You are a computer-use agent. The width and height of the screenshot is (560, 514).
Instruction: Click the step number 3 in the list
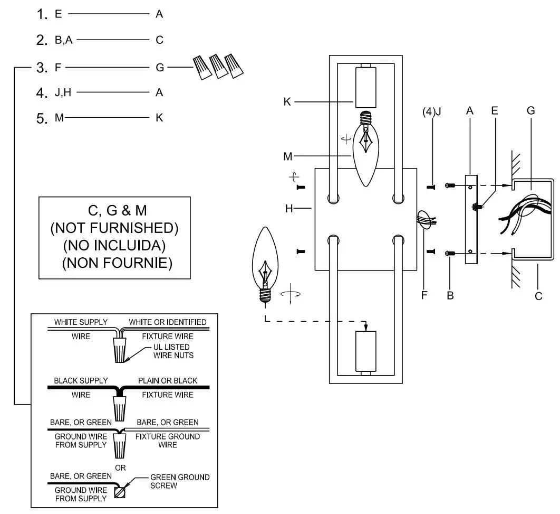coord(43,68)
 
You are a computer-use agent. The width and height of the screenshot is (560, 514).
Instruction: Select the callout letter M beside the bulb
coord(287,156)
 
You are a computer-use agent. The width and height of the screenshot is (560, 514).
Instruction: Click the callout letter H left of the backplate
coord(289,209)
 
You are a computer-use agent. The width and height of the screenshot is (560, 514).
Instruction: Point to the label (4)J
coord(432,112)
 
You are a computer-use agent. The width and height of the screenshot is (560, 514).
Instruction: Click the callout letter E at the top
coord(494,111)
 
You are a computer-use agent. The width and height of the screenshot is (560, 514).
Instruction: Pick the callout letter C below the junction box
coord(538,296)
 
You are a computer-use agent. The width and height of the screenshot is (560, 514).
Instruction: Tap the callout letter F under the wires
coord(424,295)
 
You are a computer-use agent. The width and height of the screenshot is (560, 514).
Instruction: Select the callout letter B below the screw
coord(450,296)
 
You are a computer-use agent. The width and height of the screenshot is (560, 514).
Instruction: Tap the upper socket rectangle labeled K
coord(365,87)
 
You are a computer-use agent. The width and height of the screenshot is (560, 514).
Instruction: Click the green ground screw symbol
coord(120,493)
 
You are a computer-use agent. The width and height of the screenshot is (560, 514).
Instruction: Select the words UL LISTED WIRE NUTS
coord(169,351)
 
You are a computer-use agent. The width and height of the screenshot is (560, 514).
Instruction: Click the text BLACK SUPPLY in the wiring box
coord(81,380)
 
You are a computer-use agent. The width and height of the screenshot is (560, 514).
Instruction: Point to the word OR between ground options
coord(120,468)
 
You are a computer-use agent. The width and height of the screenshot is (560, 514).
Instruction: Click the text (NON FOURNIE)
coord(117,263)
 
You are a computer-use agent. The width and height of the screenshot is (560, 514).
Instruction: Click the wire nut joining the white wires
coord(121,350)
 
